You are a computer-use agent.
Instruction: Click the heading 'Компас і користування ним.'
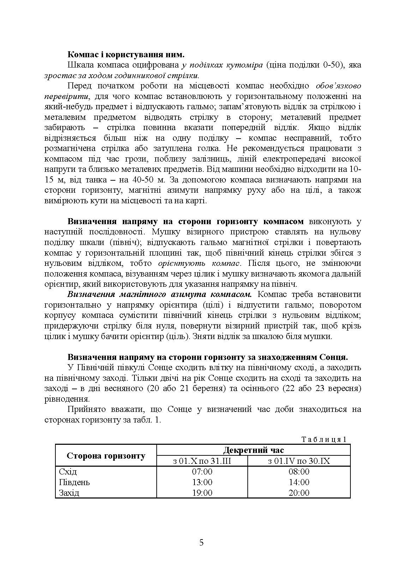126,55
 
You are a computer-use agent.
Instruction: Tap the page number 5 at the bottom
202,543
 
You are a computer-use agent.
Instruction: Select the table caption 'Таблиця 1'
324,439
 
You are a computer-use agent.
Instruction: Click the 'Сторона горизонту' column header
106,456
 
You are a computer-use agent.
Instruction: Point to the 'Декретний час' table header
253,450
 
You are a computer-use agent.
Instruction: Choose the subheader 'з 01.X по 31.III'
202,461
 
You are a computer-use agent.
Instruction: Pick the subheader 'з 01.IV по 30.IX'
299,461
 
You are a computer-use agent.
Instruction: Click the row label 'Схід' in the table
68,472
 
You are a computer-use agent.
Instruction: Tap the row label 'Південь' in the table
74,482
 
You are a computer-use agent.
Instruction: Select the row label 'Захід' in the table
69,493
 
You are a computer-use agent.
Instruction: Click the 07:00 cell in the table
202,472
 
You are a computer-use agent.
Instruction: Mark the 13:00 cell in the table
202,482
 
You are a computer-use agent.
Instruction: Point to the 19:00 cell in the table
202,493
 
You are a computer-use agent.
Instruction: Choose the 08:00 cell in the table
299,472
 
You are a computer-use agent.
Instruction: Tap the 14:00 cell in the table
299,482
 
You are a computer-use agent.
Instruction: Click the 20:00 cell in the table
299,493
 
